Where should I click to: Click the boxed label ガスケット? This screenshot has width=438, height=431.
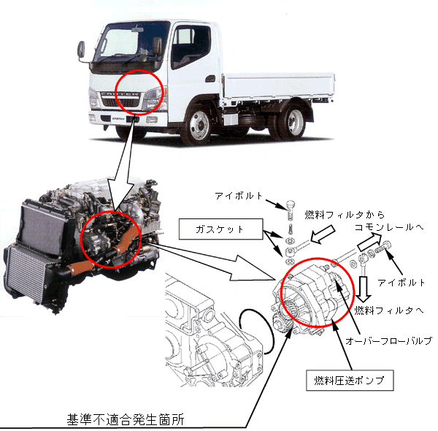(x=220, y=229)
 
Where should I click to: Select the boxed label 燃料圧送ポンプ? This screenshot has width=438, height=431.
(x=350, y=381)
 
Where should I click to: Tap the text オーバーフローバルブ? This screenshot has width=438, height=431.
(x=389, y=340)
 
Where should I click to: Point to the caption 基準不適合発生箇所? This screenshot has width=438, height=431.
(x=126, y=419)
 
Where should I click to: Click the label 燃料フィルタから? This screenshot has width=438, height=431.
(x=345, y=215)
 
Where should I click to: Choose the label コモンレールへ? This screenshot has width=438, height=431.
(x=389, y=227)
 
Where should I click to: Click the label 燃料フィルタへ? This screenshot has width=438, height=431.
(x=389, y=310)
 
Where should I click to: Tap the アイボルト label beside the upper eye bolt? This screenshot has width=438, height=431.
(x=239, y=196)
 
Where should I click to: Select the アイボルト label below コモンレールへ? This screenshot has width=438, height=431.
(x=401, y=283)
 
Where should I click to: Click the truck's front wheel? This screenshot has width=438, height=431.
(x=198, y=124)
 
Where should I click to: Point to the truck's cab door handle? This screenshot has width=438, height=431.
(x=210, y=79)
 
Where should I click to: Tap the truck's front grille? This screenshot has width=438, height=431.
(x=120, y=100)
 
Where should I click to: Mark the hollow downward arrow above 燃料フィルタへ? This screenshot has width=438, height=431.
(x=364, y=289)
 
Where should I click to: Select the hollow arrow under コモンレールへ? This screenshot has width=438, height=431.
(x=369, y=242)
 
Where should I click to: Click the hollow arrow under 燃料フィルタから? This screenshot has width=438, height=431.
(x=323, y=234)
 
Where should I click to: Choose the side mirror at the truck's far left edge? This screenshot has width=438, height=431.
(x=81, y=50)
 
